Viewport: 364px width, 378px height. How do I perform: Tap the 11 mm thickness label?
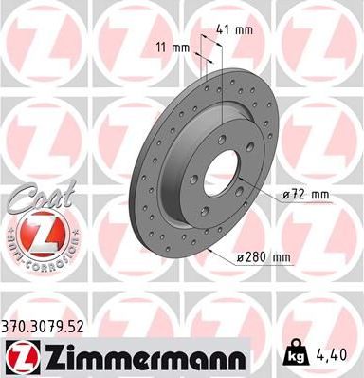tap(173, 47)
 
